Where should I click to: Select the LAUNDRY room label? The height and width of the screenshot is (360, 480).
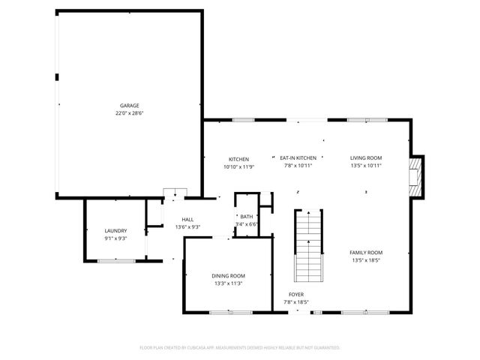[x=115, y=231]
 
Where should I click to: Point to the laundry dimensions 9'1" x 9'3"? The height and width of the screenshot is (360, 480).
[x=115, y=238]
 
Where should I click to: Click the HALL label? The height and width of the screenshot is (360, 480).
[x=187, y=219]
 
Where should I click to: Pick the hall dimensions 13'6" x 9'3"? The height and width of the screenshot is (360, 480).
[x=187, y=226]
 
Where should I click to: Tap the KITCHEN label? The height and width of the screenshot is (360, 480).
[x=238, y=158]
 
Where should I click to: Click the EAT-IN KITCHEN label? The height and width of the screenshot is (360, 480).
[x=298, y=158]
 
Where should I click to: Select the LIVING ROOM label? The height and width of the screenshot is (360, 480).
[x=366, y=158]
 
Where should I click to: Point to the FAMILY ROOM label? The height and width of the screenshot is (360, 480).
[x=367, y=253]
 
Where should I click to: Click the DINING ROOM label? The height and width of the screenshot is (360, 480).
[x=228, y=276]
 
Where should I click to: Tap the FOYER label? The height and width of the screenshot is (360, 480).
[x=297, y=294]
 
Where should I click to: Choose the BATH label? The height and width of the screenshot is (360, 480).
[x=246, y=217]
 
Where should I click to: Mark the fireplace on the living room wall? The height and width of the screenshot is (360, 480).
[x=415, y=175]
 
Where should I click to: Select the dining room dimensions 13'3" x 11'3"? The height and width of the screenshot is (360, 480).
[x=228, y=284]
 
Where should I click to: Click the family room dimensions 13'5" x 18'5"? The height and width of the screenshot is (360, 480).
[x=367, y=260]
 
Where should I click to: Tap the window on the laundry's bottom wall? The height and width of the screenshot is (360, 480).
[x=116, y=260]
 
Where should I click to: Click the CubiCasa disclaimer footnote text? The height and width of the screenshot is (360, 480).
[x=240, y=348]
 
